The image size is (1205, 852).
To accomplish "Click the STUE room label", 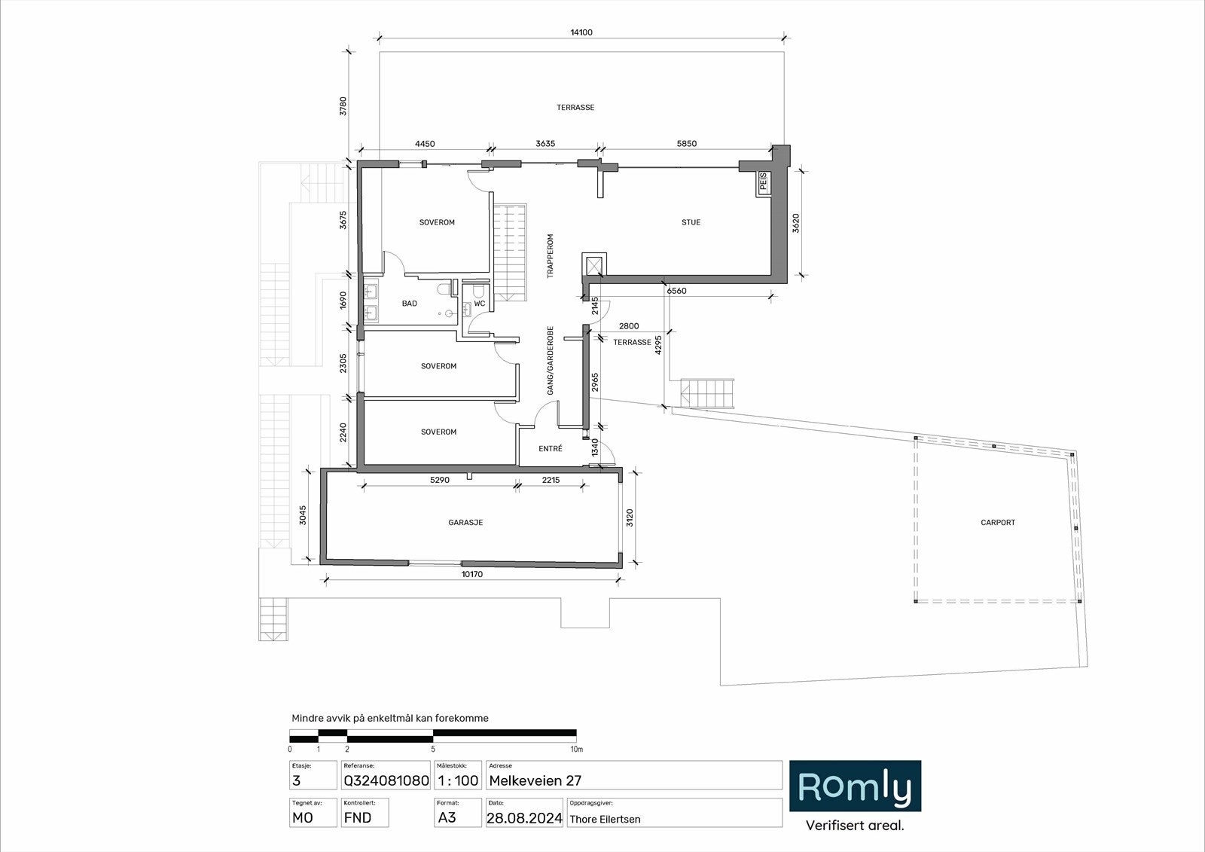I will (x=691, y=222).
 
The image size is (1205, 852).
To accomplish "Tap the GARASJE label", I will (x=465, y=522).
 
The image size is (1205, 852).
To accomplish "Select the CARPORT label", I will (x=998, y=522).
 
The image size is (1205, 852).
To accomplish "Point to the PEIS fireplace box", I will (x=764, y=183).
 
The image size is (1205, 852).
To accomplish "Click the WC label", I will (x=480, y=304).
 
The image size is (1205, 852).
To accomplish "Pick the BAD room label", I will (x=409, y=304).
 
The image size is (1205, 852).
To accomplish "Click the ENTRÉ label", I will (x=551, y=449).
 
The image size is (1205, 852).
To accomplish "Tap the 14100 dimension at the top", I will (x=581, y=32).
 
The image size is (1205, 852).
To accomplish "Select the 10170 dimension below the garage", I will (x=471, y=574).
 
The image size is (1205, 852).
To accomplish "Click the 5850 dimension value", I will (x=686, y=144).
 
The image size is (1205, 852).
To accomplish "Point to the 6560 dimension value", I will (x=676, y=291).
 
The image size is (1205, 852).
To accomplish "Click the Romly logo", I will (x=855, y=786).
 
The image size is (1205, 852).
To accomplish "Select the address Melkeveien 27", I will (x=535, y=781).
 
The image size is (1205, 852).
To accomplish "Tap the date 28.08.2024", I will (x=524, y=818).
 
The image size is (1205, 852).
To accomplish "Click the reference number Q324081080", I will (x=386, y=781).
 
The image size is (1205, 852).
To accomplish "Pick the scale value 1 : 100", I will (x=458, y=781).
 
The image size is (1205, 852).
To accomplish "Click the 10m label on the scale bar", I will (x=576, y=750).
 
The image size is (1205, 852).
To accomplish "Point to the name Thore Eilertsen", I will (x=605, y=820).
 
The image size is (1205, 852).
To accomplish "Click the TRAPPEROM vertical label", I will (x=551, y=256).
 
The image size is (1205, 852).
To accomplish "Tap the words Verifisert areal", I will (x=855, y=826).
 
